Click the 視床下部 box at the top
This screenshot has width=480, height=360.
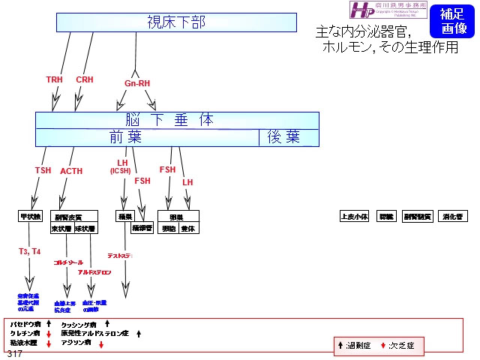tap(177, 22)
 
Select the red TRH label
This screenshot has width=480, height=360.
tap(55, 79)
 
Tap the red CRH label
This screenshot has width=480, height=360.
tap(85, 79)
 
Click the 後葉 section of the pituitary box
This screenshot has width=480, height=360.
tap(283, 137)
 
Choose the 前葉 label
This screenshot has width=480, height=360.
tap(126, 137)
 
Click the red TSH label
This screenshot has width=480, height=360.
tap(43, 171)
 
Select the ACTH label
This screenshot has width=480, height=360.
tap(71, 172)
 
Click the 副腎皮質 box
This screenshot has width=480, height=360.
tap(68, 217)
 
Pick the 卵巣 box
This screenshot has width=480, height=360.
tap(175, 217)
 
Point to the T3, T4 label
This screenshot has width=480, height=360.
tap(30, 251)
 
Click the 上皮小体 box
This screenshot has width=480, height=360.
tap(355, 216)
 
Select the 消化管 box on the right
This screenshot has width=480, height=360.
tap(452, 216)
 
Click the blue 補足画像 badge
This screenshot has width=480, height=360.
tap(454, 21)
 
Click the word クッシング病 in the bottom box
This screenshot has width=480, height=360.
tap(78, 325)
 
